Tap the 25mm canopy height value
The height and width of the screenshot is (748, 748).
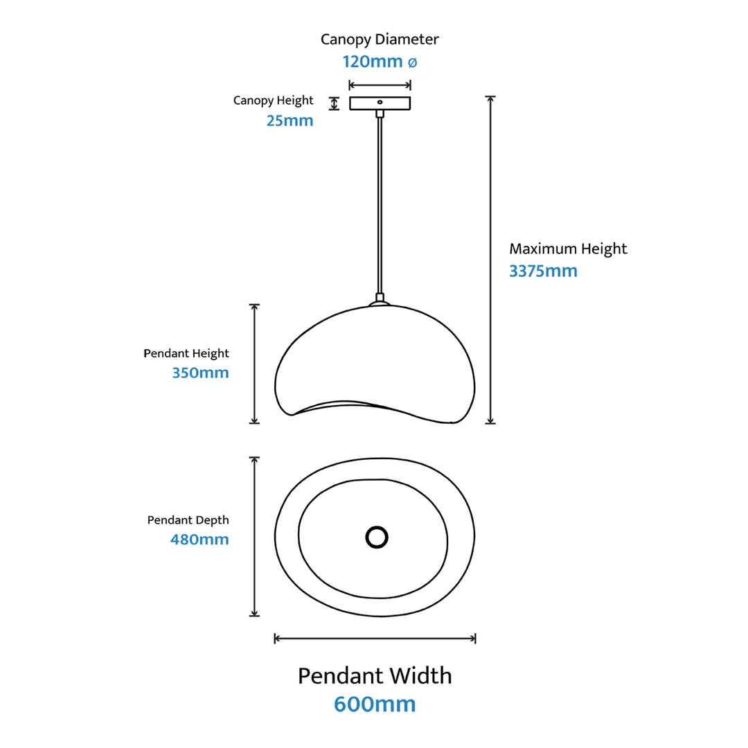(290, 121)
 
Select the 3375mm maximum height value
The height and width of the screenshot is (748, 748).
(543, 271)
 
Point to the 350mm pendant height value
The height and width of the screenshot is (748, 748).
(200, 373)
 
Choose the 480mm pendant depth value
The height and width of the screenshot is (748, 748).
(199, 539)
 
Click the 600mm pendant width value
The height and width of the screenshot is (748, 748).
(375, 704)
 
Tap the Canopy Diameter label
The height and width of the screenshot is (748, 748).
(380, 39)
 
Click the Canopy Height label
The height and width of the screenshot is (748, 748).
(273, 100)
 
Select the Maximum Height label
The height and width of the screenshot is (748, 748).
(568, 249)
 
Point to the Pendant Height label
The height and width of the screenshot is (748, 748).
(186, 353)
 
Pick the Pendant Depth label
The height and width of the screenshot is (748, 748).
(188, 519)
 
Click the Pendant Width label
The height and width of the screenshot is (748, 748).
(375, 675)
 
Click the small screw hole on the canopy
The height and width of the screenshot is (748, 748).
(380, 102)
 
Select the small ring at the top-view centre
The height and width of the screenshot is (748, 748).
(377, 537)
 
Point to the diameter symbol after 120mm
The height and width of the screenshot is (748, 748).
(411, 62)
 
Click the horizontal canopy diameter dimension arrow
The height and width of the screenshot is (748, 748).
(380, 85)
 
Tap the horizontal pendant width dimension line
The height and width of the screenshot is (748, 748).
(375, 638)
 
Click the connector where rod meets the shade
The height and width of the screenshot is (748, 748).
(379, 299)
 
